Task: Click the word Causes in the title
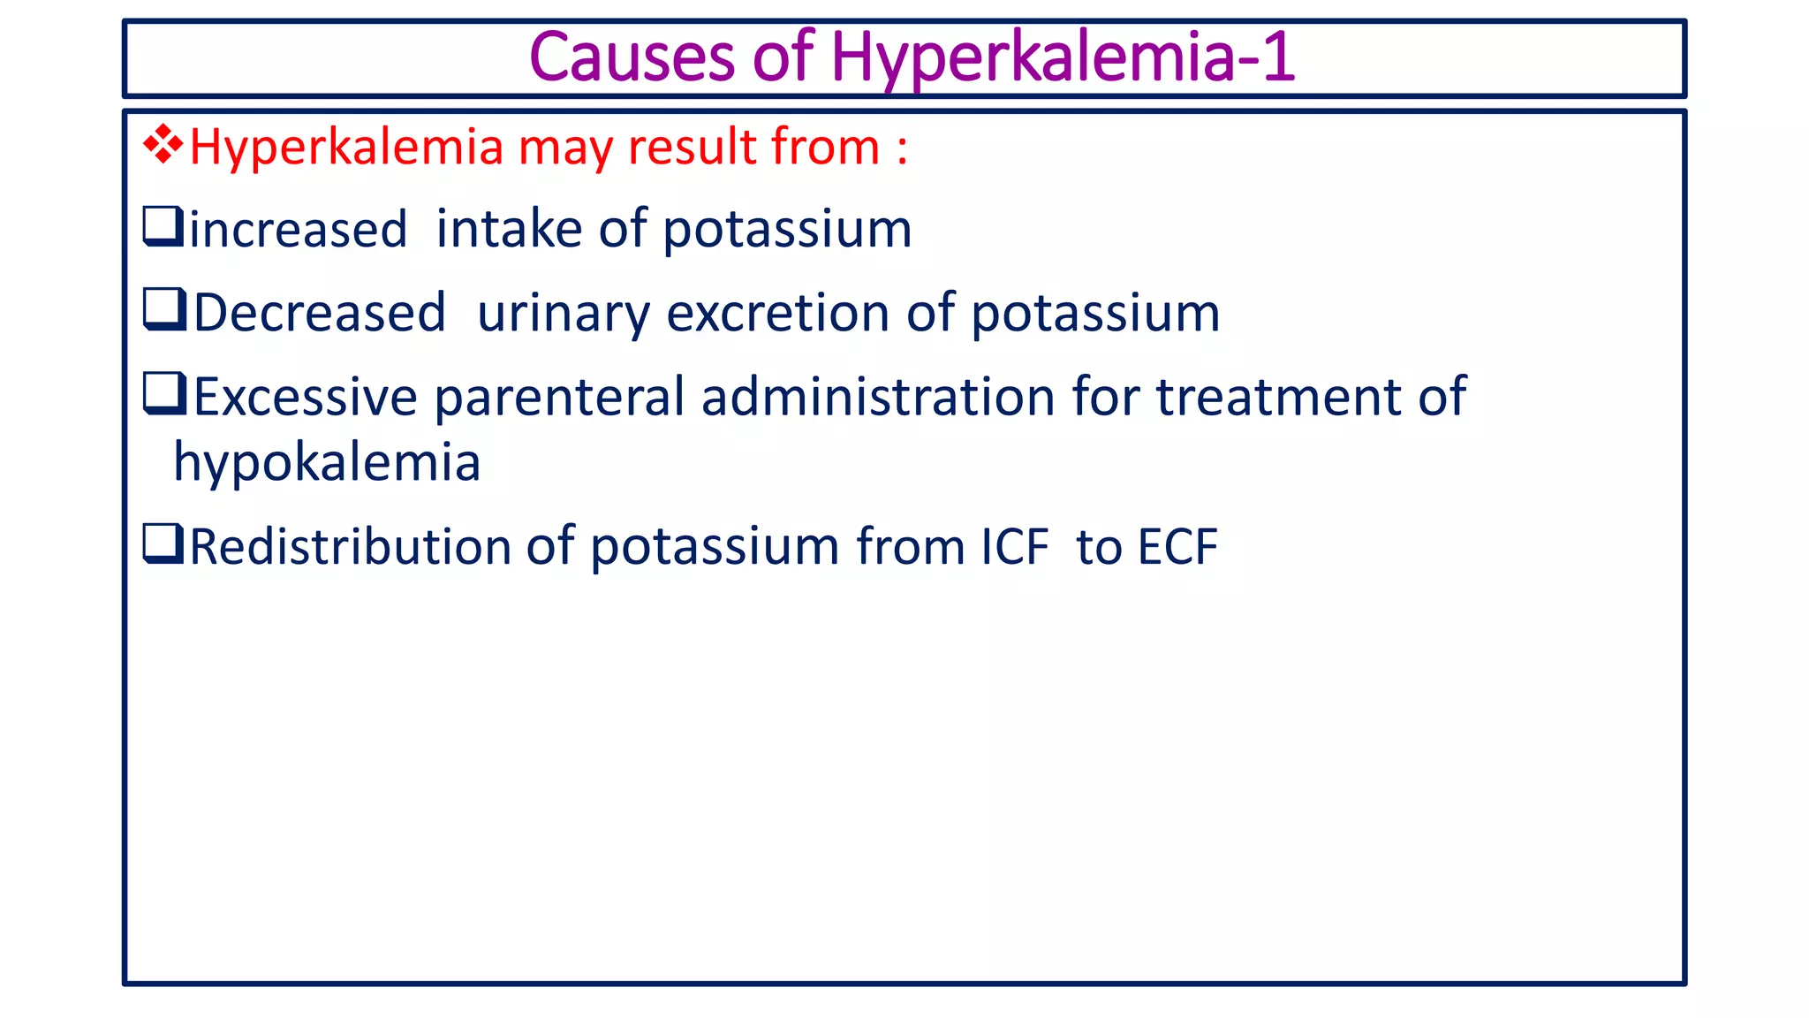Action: [x=632, y=57]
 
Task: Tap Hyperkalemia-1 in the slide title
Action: [x=1063, y=57]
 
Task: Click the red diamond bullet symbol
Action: [x=163, y=145]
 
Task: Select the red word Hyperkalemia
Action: [x=346, y=148]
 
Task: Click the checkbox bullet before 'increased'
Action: [x=163, y=226]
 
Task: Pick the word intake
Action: [x=509, y=229]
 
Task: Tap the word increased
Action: [x=298, y=230]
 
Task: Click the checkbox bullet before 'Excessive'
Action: [x=164, y=393]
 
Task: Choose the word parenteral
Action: [x=559, y=397]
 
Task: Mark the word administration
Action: [x=879, y=396]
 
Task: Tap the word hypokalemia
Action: [x=327, y=462]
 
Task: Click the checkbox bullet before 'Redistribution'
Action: [x=163, y=543]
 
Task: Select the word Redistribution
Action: [x=350, y=545]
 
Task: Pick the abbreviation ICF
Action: [x=1015, y=546]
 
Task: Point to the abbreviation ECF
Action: [x=1177, y=546]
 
